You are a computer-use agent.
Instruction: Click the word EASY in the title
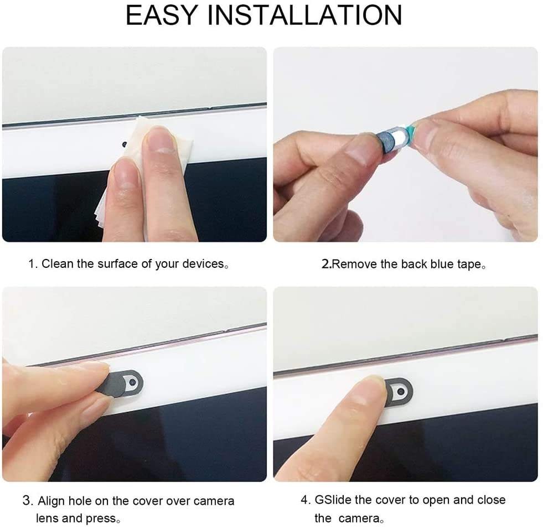click(162, 15)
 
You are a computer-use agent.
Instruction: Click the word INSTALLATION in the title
click(305, 15)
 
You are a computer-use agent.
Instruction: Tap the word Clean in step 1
click(58, 264)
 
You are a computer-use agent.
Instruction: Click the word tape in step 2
click(469, 265)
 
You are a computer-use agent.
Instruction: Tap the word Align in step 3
click(51, 501)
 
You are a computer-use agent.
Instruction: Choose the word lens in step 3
click(48, 518)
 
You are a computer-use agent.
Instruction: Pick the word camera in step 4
click(359, 518)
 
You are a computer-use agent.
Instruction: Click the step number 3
click(27, 501)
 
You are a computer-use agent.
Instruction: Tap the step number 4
click(305, 500)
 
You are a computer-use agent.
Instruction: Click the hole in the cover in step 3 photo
click(132, 382)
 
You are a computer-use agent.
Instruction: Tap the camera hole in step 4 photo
click(401, 392)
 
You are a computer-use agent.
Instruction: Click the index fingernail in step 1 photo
click(160, 140)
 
